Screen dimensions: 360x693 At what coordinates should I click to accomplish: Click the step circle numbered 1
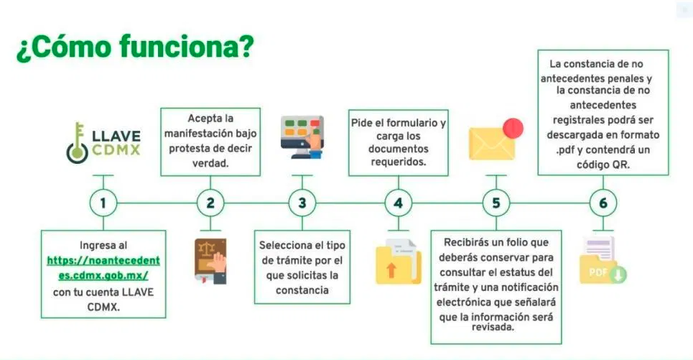(103, 203)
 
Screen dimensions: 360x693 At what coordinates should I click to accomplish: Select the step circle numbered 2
(210, 203)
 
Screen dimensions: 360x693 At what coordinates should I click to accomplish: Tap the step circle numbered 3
(302, 203)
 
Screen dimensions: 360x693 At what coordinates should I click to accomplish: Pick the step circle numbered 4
(398, 203)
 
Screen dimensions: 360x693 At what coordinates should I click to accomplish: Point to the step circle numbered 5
(496, 203)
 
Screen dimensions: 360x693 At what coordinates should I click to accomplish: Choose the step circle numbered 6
(603, 203)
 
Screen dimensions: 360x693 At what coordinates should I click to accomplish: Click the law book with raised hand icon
(210, 258)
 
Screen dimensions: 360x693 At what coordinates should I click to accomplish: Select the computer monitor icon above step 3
(302, 134)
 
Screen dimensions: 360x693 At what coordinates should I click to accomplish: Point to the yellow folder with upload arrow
(398, 262)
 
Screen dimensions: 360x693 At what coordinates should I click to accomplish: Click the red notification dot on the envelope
(513, 129)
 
